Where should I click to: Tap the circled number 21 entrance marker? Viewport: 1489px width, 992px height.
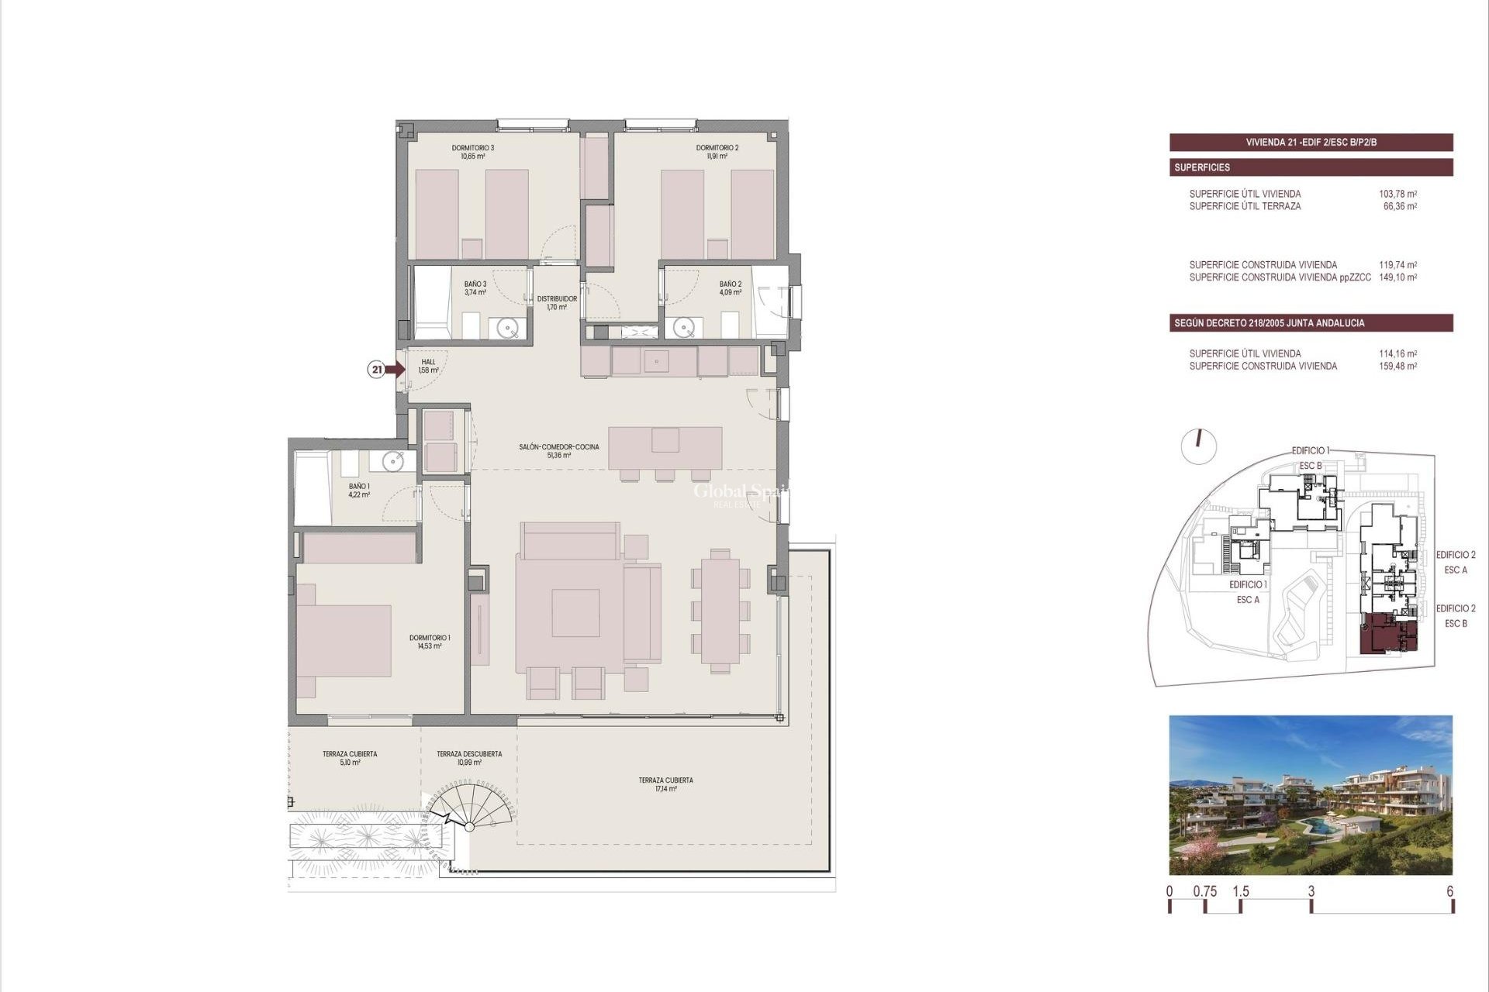[x=377, y=370]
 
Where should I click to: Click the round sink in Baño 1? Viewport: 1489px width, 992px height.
[x=393, y=462]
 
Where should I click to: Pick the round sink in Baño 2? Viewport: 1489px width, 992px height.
[x=683, y=328]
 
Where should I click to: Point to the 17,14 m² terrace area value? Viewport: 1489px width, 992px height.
[x=665, y=789]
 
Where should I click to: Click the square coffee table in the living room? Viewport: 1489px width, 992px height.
[x=575, y=612]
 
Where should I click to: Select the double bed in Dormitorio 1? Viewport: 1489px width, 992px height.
[x=344, y=640]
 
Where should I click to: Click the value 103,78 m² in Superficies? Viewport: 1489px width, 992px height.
[x=1397, y=194]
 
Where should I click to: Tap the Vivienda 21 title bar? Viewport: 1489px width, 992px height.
[x=1311, y=143]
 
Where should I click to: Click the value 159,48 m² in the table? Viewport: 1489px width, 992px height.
[x=1397, y=367]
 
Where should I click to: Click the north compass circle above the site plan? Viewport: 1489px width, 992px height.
[x=1198, y=447]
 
